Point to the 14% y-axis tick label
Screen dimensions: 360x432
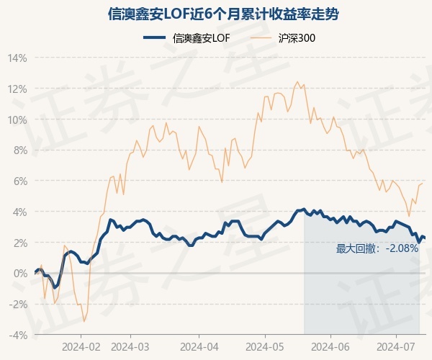[x=17, y=58]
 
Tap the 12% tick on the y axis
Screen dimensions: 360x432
[x=17, y=89]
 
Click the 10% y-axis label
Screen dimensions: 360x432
[x=17, y=120]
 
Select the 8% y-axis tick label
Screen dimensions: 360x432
[x=19, y=150]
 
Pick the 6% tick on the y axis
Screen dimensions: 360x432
[x=19, y=181]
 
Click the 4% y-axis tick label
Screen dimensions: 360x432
[x=19, y=212]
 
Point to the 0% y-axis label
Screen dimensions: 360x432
[x=19, y=274]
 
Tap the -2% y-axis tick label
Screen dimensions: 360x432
[x=17, y=305]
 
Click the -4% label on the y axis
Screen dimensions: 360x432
[x=17, y=336]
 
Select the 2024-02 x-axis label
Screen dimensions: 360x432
[x=81, y=347]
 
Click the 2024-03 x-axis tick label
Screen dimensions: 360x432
[x=130, y=347]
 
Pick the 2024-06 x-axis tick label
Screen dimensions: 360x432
[x=330, y=347]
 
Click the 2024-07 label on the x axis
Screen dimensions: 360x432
[x=397, y=347]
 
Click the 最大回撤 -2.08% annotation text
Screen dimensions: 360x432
[x=377, y=249]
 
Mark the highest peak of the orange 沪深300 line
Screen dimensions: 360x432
[x=297, y=82]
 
